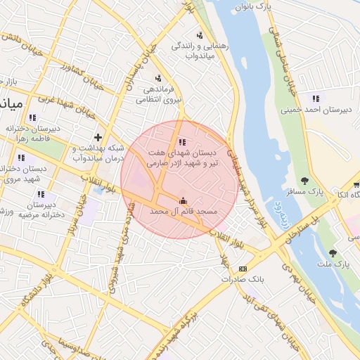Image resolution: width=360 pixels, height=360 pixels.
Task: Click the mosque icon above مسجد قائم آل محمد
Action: [184, 200]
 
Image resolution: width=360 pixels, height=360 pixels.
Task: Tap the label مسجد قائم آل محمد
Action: [185, 211]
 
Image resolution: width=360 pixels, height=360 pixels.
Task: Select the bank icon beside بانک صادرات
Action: [243, 269]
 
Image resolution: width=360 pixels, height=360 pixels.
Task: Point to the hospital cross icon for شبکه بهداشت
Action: [98, 136]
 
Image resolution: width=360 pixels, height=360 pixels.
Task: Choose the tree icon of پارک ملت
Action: [333, 253]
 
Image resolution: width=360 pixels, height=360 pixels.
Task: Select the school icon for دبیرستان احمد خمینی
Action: [315, 98]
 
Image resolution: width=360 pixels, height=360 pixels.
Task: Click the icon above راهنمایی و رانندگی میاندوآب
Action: [201, 35]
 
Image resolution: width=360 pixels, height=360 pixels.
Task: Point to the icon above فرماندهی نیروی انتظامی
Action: [159, 78]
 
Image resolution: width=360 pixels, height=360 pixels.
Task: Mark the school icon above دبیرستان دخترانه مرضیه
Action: [41, 193]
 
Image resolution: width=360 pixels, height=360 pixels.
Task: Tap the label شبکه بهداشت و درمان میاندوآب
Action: [98, 153]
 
